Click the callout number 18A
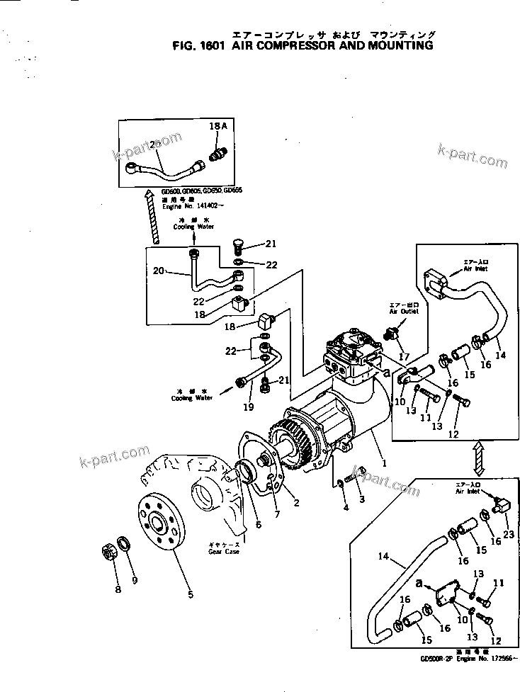click(x=217, y=125)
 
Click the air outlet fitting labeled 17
click(x=392, y=331)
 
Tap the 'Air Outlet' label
click(x=403, y=310)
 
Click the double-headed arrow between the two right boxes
click(x=479, y=458)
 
